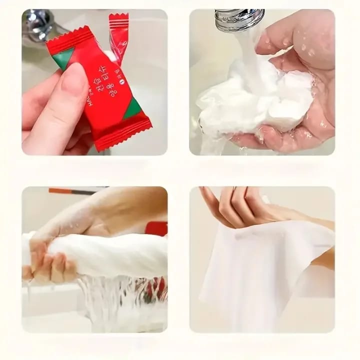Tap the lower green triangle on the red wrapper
132,108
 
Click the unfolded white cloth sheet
260,270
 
